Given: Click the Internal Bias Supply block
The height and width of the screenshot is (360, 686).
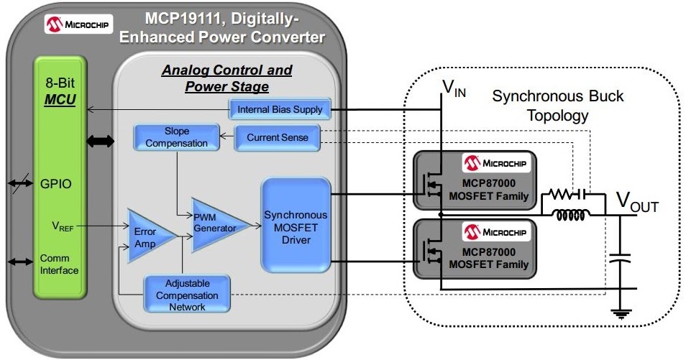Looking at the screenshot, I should (280, 110).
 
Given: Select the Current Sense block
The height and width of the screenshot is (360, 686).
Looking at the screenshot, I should (277, 137).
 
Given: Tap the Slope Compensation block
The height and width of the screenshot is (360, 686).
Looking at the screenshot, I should (176, 137).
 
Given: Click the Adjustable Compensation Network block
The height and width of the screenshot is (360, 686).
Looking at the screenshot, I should (186, 295).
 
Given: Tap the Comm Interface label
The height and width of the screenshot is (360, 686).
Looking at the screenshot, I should (59, 264).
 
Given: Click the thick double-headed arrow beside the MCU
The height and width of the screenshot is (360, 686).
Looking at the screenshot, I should (100, 142).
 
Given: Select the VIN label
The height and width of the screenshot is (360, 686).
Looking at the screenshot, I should (454, 89).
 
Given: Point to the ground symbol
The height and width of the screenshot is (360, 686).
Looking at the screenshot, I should (618, 313).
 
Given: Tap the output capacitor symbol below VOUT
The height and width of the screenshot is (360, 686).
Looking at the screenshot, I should (618, 259).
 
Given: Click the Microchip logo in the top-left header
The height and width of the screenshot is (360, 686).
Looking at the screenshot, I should (76, 24).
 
